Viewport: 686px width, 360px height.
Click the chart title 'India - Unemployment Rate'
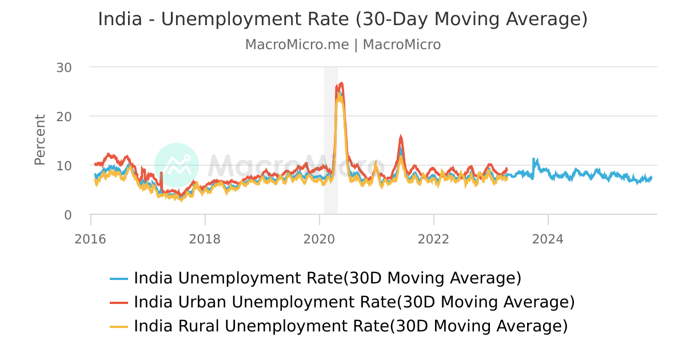pos(342,19)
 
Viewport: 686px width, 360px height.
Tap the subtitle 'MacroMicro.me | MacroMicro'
pos(342,45)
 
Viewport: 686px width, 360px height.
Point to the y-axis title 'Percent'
pos(39,140)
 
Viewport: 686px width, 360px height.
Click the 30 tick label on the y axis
pos(64,67)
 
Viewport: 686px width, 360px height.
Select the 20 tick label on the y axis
pos(64,117)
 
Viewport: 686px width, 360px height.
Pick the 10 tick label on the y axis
pos(64,166)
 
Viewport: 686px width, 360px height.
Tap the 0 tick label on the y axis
pos(68,215)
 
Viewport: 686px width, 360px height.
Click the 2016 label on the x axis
pos(90,239)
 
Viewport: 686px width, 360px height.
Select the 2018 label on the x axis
pos(205,239)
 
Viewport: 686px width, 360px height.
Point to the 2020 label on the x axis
pos(319,239)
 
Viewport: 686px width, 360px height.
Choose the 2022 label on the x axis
pos(433,239)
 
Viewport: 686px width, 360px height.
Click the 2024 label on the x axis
pos(548,239)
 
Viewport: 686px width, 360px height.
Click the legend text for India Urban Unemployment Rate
pos(354,302)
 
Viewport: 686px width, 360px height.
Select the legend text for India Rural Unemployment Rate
pos(350,326)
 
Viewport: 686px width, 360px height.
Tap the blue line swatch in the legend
pos(118,279)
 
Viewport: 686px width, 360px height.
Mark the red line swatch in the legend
pos(118,302)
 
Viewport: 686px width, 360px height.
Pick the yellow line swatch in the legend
pos(118,327)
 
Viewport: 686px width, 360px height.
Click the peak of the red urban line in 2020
pos(341,83)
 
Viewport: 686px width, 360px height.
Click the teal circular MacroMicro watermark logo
pos(177,165)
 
